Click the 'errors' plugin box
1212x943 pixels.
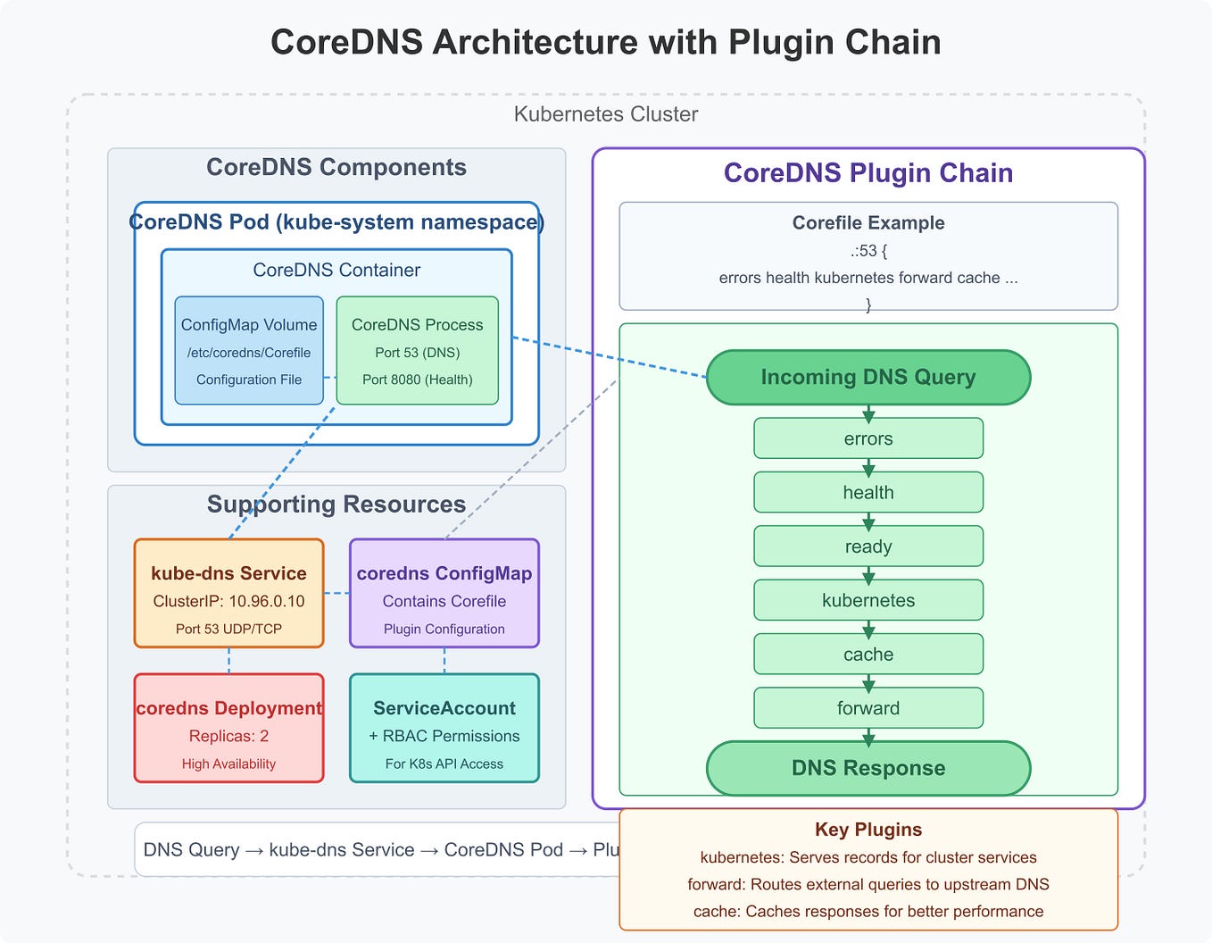click(867, 438)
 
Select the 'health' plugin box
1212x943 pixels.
click(867, 492)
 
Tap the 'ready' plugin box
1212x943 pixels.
click(867, 547)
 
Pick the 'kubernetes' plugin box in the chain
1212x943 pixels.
click(867, 600)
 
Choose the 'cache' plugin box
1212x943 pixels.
click(867, 655)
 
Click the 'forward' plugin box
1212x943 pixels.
click(867, 708)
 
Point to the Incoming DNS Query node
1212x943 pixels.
click(867, 377)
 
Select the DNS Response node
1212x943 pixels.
click(867, 768)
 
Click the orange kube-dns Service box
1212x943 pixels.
click(228, 593)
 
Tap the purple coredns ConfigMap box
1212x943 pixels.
click(444, 593)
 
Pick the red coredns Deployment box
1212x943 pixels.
click(228, 728)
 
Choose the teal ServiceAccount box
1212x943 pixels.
click(444, 728)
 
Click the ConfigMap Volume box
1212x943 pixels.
click(249, 350)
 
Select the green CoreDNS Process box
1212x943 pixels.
click(417, 350)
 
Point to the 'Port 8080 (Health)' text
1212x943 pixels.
click(417, 380)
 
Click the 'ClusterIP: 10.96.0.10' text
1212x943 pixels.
click(228, 601)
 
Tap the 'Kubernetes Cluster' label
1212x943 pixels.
click(605, 114)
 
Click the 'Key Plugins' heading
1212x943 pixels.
click(867, 830)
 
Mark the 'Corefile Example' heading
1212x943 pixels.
click(867, 223)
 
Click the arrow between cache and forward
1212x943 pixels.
click(867, 682)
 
